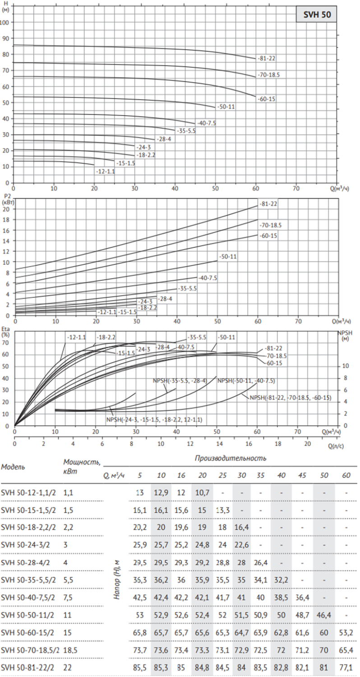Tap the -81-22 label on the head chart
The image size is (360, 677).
(x=268, y=58)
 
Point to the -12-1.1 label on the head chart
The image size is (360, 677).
(x=105, y=172)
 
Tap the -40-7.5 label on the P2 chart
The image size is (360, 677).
(x=208, y=278)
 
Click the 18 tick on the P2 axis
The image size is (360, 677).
(x=6, y=220)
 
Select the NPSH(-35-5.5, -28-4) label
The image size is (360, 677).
(x=180, y=381)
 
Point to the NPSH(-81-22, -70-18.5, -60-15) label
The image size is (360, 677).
(x=291, y=397)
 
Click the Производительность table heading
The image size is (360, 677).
(x=230, y=458)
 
